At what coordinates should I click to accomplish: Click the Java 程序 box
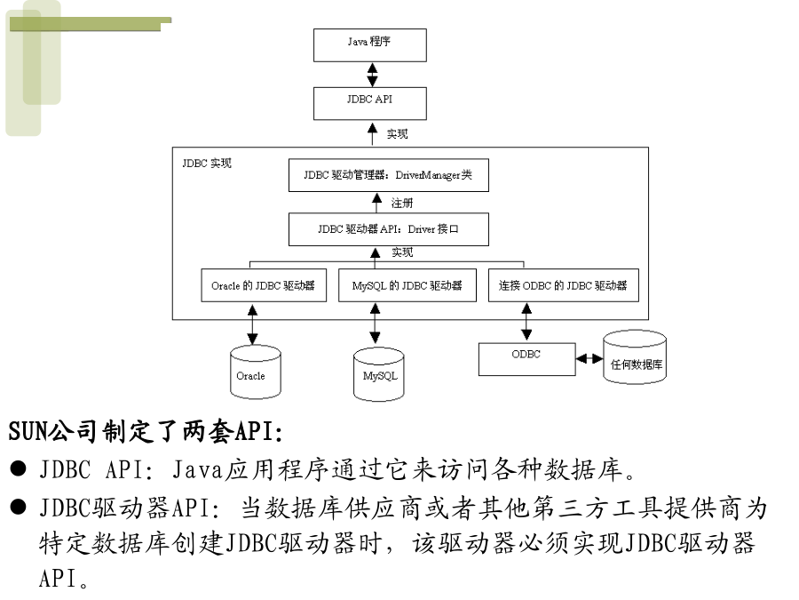(370, 45)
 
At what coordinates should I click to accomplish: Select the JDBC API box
(370, 104)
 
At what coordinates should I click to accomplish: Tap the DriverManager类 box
(388, 175)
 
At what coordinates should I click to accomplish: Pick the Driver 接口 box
(388, 229)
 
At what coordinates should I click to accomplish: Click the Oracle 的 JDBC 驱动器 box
(264, 285)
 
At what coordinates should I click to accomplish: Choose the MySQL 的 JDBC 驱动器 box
(407, 285)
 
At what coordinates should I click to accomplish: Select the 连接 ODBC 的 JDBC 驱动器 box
(563, 285)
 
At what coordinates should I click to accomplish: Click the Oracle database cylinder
(256, 372)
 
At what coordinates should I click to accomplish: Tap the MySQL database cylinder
(378, 374)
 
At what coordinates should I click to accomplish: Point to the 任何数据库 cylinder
(635, 357)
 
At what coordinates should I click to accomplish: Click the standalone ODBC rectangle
(526, 359)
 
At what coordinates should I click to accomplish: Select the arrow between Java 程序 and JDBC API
(373, 75)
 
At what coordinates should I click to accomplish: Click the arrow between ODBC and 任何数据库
(589, 359)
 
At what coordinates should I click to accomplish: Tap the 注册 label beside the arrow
(401, 203)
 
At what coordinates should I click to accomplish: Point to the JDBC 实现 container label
(207, 164)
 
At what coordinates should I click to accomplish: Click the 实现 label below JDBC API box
(397, 133)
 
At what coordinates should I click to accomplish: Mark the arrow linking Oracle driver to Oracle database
(252, 324)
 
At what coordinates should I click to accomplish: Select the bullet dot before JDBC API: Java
(18, 468)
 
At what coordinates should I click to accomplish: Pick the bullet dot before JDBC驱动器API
(18, 508)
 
